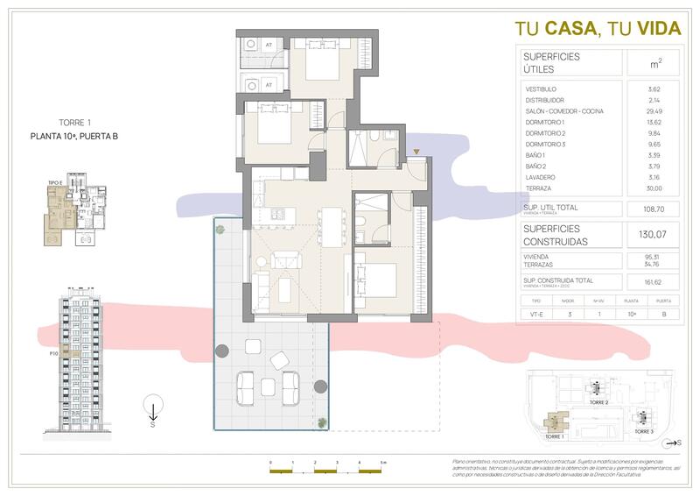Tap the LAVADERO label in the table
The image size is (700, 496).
[540, 176]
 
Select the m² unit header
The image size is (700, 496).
[654, 63]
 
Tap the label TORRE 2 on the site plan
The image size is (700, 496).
[597, 404]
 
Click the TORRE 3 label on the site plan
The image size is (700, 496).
[643, 432]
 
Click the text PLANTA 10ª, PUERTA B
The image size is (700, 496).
[74, 136]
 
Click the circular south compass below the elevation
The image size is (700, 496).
[152, 407]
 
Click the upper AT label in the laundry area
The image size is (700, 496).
[269, 43]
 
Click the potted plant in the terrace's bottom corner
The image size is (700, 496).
[322, 423]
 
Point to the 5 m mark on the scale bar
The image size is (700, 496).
[382, 462]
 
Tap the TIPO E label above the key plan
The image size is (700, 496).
[54, 182]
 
